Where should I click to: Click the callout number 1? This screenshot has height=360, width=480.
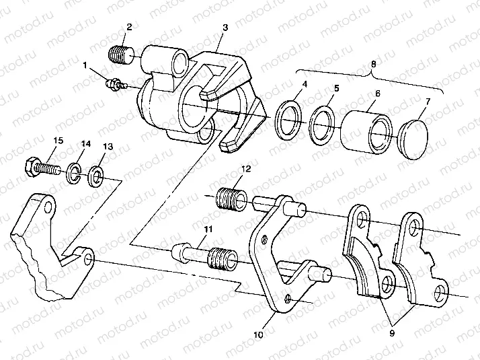point(85,65)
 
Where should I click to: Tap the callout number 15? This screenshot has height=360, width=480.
point(58,140)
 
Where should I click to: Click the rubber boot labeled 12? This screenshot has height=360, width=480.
point(230,197)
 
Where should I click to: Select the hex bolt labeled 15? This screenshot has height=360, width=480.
point(42,166)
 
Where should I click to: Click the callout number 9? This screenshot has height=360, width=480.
point(392,332)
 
